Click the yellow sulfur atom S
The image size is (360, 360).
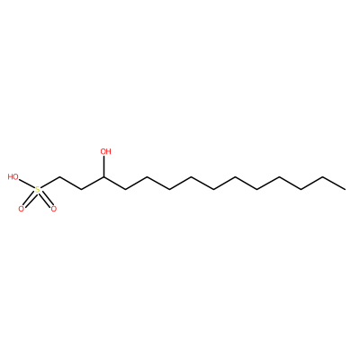coord(38,190)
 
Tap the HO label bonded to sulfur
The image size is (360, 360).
coord(13,177)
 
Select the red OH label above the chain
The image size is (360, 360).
coord(105,151)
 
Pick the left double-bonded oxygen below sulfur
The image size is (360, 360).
coord(21,209)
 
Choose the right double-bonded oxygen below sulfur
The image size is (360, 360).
coord(54,209)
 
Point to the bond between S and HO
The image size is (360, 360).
coord(27,184)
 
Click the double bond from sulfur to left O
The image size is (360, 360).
coord(30,199)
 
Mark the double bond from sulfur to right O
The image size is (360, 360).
coord(45,199)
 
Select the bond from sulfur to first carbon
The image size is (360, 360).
coord(49,184)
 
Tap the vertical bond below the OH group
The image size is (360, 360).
coord(103,166)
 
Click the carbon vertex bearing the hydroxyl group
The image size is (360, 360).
coord(103,177)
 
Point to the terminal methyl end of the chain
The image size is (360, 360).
coord(345,189)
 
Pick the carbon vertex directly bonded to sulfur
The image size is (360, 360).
coord(59,177)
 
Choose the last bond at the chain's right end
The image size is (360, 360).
coord(334,183)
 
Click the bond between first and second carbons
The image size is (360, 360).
coord(70,183)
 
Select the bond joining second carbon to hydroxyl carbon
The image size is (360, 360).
coord(93,183)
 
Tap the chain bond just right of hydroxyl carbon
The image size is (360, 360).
coord(114,183)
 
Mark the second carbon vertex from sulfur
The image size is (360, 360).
coord(82,189)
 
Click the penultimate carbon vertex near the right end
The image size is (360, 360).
coord(323,177)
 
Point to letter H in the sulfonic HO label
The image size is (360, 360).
coord(11,177)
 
